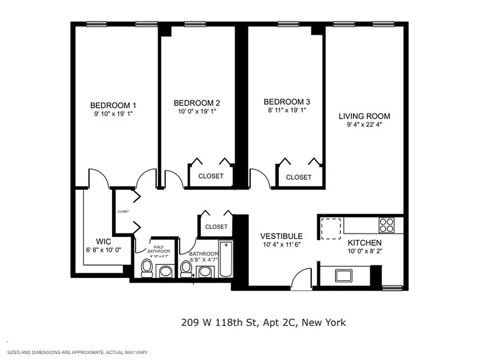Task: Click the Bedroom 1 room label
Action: pos(111,105)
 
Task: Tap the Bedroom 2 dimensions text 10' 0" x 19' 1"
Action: pos(197,112)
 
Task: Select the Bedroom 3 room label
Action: pos(287,102)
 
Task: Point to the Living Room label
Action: pos(364,116)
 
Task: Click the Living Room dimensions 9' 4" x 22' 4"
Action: pos(364,125)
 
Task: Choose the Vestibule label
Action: pos(282,236)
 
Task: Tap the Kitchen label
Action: pos(364,243)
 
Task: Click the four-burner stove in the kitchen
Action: pos(386,225)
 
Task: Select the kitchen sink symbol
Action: pos(345,275)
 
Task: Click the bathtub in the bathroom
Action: pos(225,259)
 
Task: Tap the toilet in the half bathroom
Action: pos(147,268)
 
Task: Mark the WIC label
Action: pos(103,241)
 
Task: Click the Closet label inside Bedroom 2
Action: pos(210,176)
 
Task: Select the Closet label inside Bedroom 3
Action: pos(299,177)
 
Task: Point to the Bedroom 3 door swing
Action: pos(260,177)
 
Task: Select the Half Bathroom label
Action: pos(161,249)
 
